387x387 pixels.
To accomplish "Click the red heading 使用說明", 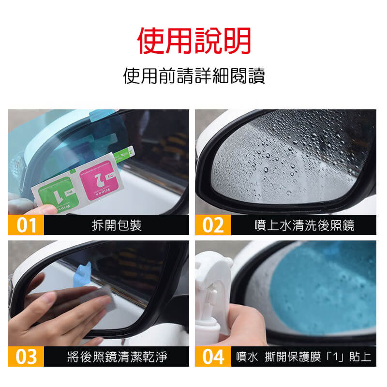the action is pos(194,41).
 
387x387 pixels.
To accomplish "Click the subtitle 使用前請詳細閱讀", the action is pos(194,76).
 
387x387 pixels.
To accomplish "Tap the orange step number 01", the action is pos(26,225).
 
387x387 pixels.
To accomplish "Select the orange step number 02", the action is pos(213,225).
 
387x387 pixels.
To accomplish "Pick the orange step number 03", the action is pos(26,357).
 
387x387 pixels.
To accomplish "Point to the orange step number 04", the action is pos(213,357).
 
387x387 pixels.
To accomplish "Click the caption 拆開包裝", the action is pos(117,225).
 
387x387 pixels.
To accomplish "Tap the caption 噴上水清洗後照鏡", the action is pos(304,225).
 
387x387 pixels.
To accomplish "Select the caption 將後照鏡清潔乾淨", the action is pos(117,357).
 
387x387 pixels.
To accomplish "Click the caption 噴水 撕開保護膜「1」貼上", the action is pos(304,357).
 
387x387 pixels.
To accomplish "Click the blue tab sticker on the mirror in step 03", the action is pos(83,275).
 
